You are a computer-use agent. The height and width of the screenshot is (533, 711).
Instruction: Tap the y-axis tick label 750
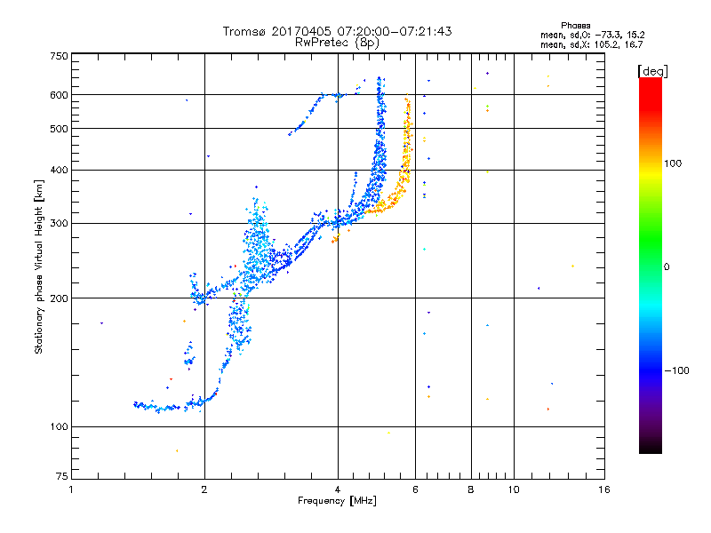58,56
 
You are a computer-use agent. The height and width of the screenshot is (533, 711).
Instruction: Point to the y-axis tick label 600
58,95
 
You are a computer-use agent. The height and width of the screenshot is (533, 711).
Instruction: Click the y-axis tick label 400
58,170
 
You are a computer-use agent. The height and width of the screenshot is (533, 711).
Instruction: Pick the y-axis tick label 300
58,223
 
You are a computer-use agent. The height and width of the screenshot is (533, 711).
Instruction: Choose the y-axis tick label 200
58,298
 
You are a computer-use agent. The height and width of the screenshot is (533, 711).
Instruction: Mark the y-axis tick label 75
60,480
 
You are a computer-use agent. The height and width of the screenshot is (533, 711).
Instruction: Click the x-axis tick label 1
71,489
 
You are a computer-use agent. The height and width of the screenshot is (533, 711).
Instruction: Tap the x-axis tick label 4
338,489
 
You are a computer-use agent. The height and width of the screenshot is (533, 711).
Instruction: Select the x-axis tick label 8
472,489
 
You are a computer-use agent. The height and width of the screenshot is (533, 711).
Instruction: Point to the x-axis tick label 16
603,489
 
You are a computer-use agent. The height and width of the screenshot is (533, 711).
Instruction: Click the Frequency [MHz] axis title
337,502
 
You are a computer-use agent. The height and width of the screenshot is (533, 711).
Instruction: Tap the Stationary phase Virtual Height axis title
39,267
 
